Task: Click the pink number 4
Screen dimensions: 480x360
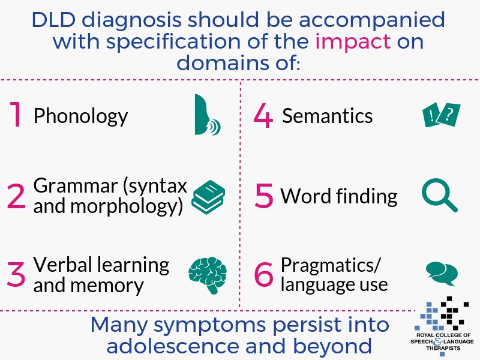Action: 263,115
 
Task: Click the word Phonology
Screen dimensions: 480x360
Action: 80,116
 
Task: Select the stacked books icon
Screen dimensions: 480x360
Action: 208,197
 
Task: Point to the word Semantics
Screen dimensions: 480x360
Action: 328,115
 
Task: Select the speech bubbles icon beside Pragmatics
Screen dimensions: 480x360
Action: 441,273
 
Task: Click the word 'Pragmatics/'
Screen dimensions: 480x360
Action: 331,265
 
